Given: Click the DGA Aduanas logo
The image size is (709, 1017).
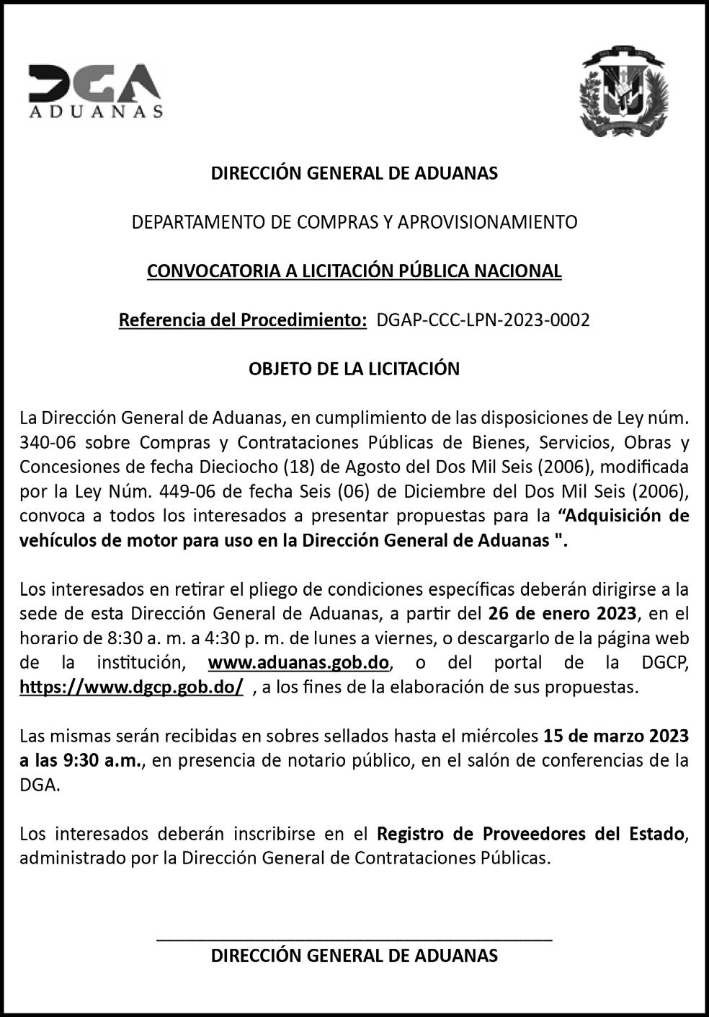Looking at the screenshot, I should click(x=95, y=90).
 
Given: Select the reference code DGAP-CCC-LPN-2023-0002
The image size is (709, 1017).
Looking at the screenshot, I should click(x=483, y=320).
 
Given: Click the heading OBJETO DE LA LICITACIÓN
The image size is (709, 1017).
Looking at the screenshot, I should click(x=354, y=369).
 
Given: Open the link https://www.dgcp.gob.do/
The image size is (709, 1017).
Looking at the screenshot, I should click(x=131, y=687).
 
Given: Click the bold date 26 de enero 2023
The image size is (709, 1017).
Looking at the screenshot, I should click(x=562, y=614).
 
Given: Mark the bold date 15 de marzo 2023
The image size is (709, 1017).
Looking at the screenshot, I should click(x=616, y=736).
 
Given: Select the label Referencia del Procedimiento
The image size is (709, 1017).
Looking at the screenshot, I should click(x=242, y=320).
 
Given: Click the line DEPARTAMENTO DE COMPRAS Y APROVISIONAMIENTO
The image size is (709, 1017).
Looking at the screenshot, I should click(x=354, y=222).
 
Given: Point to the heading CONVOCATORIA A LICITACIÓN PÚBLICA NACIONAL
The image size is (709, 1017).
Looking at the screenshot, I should click(x=354, y=271).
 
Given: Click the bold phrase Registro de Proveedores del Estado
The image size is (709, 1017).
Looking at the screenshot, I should click(x=530, y=835).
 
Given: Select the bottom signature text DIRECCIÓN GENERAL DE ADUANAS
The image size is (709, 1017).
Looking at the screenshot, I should click(x=354, y=956).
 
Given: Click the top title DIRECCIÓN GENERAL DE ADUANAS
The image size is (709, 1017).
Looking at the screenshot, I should click(x=354, y=173).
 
